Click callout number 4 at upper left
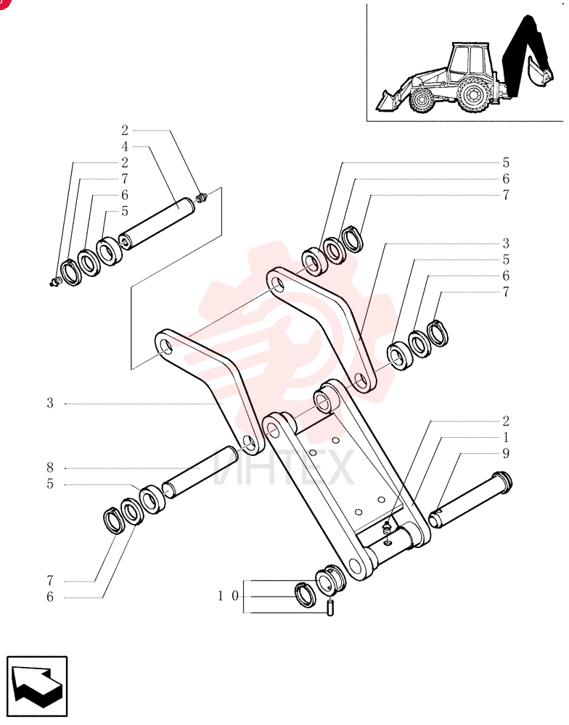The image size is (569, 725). [125, 146]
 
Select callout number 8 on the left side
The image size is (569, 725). [50, 468]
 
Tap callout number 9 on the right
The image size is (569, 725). [506, 453]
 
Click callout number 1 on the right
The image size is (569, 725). [506, 437]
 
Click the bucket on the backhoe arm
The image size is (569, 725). [539, 72]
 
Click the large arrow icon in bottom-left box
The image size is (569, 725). [37, 686]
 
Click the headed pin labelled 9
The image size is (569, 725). [470, 500]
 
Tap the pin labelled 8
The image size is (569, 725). [200, 472]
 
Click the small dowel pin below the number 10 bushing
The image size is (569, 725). [330, 607]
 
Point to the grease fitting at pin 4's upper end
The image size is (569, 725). [202, 197]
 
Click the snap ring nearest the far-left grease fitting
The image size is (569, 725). [70, 273]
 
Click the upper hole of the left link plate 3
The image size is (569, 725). [165, 345]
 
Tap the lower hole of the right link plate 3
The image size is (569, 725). [361, 382]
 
